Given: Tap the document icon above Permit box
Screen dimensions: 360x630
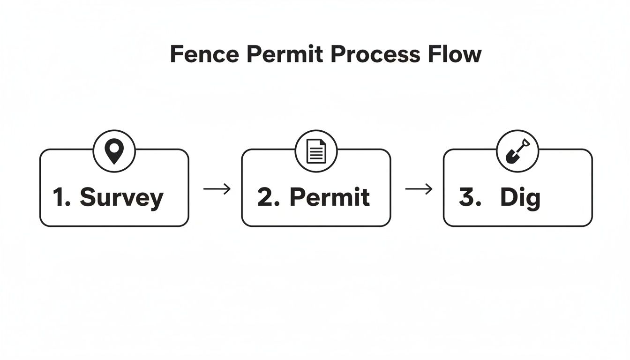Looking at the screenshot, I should tap(316, 151).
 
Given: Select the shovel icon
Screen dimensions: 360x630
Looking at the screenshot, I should tap(517, 151).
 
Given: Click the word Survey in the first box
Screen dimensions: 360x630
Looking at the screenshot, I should tap(121, 198).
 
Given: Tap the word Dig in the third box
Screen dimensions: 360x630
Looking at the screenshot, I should tap(520, 198).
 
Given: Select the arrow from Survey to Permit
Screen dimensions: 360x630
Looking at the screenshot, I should tap(217, 189).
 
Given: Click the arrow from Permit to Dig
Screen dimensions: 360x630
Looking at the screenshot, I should tap(419, 189).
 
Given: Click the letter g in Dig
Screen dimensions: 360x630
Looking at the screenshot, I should tap(532, 200).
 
